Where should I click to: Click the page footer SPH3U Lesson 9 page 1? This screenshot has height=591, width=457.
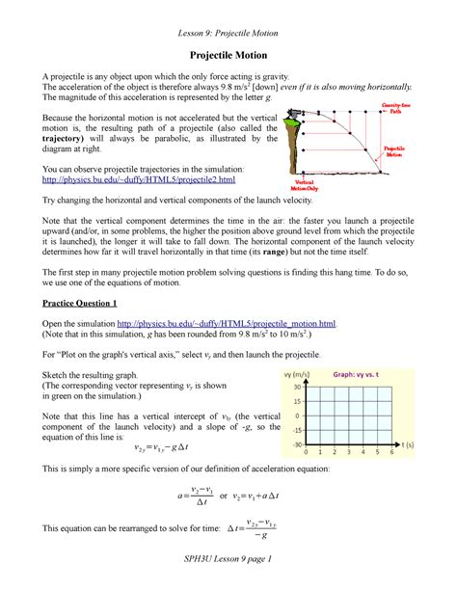pos(228,560)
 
